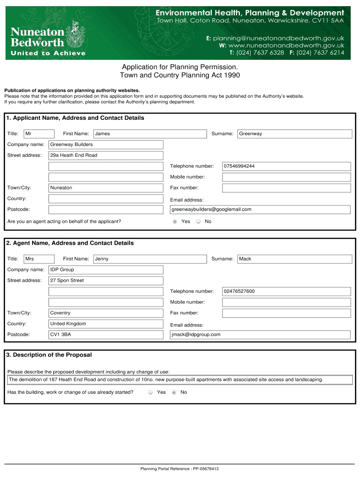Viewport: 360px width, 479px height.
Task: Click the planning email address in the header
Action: [x=279, y=38]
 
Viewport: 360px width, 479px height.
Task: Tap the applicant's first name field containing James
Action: [x=150, y=134]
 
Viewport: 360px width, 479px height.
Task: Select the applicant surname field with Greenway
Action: [x=295, y=134]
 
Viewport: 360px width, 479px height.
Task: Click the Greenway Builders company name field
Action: [x=106, y=145]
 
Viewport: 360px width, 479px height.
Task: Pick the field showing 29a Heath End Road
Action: [x=106, y=155]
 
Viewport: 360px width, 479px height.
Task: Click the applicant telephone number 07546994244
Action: [x=286, y=166]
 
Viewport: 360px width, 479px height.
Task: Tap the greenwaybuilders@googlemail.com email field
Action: [x=260, y=210]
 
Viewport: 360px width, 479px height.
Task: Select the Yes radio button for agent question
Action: [x=175, y=222]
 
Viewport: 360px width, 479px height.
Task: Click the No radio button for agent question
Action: [x=198, y=222]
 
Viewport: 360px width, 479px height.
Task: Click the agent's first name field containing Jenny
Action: [x=150, y=259]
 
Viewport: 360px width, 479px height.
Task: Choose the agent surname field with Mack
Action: [x=295, y=259]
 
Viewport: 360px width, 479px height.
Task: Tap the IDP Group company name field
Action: [x=106, y=270]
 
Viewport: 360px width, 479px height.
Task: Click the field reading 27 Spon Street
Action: [x=106, y=281]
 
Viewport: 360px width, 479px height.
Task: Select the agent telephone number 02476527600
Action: [x=286, y=291]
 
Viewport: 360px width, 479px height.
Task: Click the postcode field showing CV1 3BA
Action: [x=106, y=334]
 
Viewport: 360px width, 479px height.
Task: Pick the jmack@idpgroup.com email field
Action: [x=260, y=334]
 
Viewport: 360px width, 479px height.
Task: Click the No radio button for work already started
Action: [x=174, y=392]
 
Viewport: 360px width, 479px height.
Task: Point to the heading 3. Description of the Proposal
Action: [x=49, y=355]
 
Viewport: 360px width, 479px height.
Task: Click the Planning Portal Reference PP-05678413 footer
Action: [x=180, y=469]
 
